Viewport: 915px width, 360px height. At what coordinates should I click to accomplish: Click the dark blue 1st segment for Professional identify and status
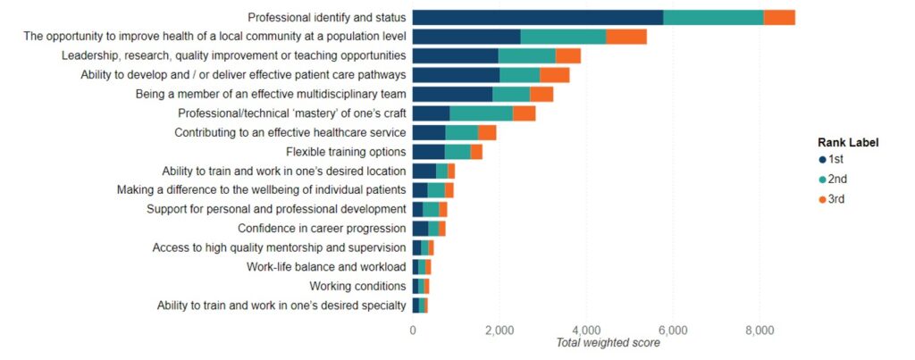coord(537,17)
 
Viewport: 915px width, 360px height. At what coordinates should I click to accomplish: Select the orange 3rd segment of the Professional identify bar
coord(779,17)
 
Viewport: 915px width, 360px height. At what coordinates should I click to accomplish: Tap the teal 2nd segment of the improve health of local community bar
coord(563,37)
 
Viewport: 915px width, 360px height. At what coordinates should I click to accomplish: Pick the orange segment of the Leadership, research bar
coord(567,55)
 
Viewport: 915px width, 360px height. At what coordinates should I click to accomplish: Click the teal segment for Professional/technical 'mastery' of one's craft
coord(481,113)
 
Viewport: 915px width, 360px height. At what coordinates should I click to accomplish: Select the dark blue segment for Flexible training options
coord(428,152)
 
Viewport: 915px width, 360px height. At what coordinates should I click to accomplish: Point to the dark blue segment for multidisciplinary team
coord(452,94)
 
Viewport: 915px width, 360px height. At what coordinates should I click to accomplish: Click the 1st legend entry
coord(831,160)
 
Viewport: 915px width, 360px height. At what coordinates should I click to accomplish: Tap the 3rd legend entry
coord(831,199)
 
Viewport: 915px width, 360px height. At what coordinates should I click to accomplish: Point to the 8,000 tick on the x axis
coord(759,329)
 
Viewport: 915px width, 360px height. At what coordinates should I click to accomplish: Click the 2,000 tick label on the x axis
coord(499,329)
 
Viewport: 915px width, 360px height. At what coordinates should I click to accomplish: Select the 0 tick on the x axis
coord(413,329)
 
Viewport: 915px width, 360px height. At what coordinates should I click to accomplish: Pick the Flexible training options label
coord(346,152)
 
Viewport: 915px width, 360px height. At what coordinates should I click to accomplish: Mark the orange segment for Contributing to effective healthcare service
coord(487,133)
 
